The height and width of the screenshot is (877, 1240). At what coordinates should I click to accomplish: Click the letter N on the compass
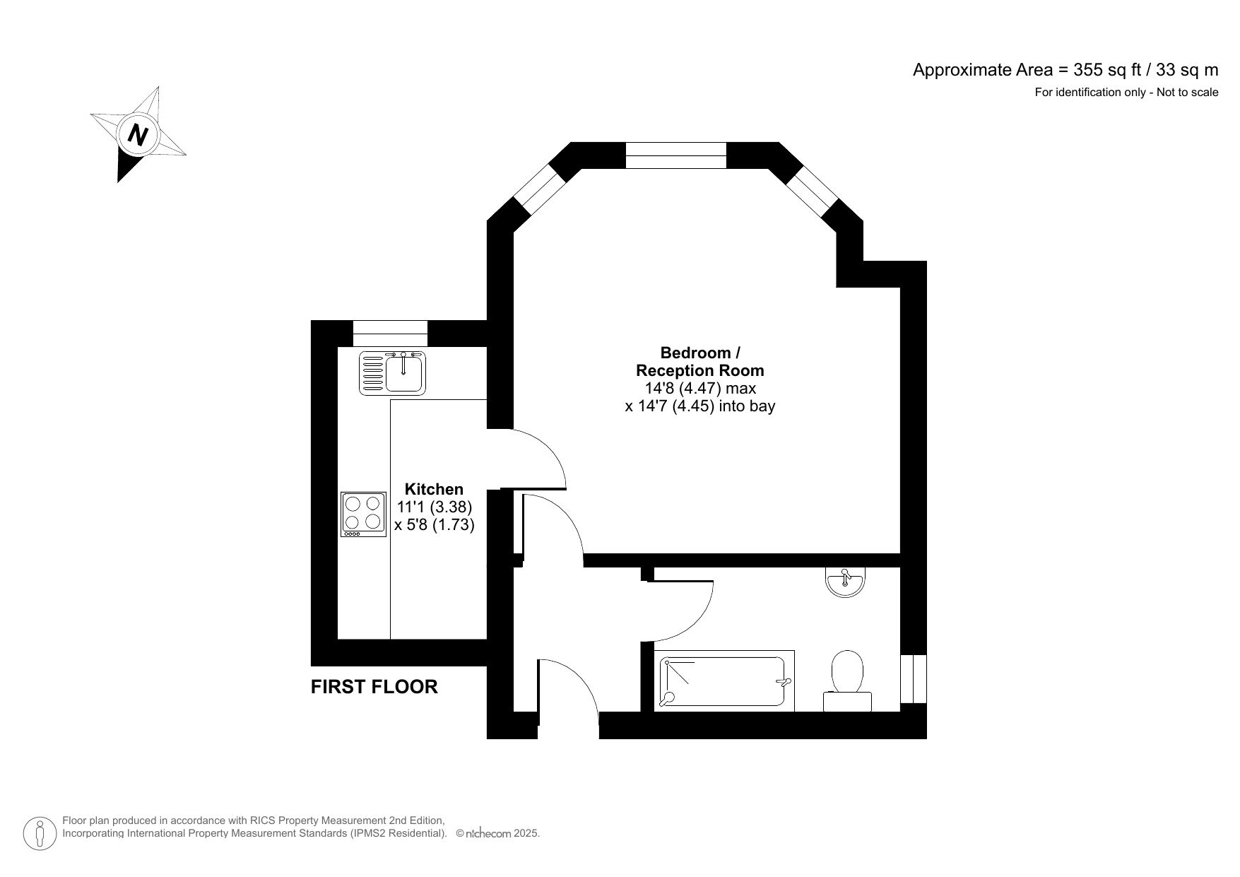(x=138, y=134)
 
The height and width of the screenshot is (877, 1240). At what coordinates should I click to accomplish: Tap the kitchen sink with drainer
(x=393, y=372)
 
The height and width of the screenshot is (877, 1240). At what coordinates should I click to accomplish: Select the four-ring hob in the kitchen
(x=363, y=514)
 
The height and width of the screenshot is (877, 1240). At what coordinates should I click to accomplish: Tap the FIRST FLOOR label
(x=374, y=686)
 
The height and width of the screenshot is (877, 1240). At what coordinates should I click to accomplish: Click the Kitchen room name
(x=434, y=489)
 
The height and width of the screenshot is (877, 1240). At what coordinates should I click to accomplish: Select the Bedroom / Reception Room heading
(x=699, y=361)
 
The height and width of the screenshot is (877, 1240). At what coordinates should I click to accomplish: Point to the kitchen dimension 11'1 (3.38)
(x=434, y=507)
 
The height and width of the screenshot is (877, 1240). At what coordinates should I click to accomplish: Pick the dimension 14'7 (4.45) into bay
(x=699, y=406)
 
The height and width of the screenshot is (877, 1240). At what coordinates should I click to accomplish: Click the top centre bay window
(x=675, y=155)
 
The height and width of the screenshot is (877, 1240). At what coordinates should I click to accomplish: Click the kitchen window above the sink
(x=390, y=333)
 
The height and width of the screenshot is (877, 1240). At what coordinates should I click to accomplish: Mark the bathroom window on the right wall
(x=913, y=678)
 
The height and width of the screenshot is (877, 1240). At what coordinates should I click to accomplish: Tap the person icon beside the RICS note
(x=40, y=834)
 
